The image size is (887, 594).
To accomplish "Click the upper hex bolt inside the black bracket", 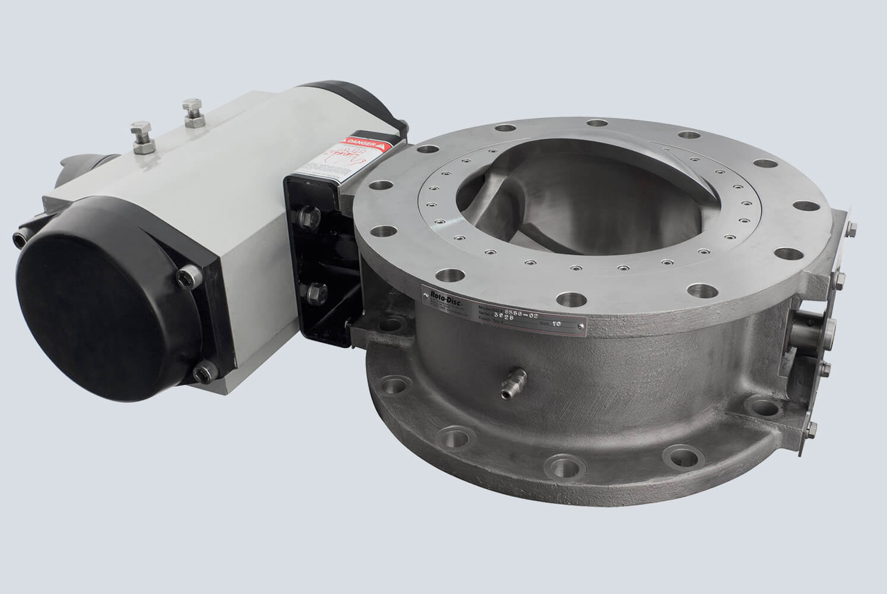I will (309, 216).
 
